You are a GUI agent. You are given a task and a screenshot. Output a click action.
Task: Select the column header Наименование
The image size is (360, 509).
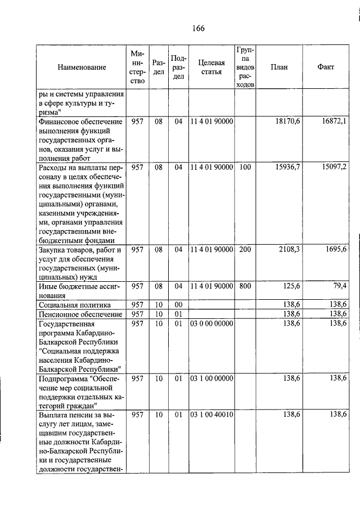click(x=82, y=67)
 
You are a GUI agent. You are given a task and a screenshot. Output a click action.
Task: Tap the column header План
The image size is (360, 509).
click(x=278, y=67)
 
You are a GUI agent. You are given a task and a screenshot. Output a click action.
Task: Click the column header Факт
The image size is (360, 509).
click(x=325, y=67)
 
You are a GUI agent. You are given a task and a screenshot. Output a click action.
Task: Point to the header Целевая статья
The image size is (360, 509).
click(x=211, y=67)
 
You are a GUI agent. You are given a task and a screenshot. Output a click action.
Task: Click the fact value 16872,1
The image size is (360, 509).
click(x=334, y=121)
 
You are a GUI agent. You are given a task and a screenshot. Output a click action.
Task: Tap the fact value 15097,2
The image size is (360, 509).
click(x=334, y=168)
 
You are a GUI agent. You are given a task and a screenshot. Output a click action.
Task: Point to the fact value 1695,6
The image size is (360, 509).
click(x=336, y=249)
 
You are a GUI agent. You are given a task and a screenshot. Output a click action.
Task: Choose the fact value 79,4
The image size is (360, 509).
click(x=339, y=286)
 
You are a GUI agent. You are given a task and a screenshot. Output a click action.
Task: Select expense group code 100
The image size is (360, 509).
click(x=245, y=168)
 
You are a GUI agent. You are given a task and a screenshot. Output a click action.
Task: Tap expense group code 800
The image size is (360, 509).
click(x=245, y=286)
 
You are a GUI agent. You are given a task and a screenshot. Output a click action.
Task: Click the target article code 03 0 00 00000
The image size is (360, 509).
click(x=211, y=323)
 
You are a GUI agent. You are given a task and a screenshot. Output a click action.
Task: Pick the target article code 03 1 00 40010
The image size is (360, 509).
click(x=211, y=415)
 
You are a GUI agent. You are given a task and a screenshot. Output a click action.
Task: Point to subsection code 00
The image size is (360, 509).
click(x=178, y=304)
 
